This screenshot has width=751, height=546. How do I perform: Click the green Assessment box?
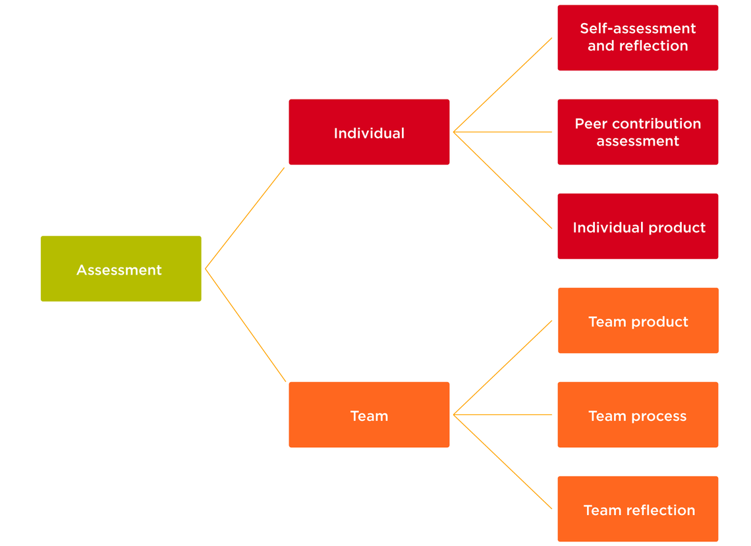pyautogui.click(x=121, y=269)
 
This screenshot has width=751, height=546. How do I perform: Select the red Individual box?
pyautogui.click(x=369, y=132)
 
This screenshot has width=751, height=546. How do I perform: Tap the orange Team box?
pyautogui.click(x=369, y=415)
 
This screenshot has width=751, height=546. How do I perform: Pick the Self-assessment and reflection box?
pyautogui.click(x=638, y=38)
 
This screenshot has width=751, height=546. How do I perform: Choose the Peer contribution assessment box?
pyautogui.click(x=638, y=132)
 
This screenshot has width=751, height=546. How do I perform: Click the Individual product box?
pyautogui.click(x=638, y=226)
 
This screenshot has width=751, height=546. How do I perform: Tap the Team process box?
pyautogui.click(x=638, y=415)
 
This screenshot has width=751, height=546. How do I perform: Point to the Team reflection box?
pyautogui.click(x=638, y=509)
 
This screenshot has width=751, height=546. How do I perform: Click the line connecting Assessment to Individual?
pyautogui.click(x=245, y=218)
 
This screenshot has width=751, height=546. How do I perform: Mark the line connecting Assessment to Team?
pyautogui.click(x=246, y=325)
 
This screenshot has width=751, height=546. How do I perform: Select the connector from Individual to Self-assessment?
pyautogui.click(x=503, y=85)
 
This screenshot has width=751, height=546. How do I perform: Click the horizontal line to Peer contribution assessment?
pyautogui.click(x=503, y=132)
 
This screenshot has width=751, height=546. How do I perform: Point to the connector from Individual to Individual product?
pyautogui.click(x=503, y=180)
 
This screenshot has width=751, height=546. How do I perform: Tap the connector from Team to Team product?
pyautogui.click(x=503, y=368)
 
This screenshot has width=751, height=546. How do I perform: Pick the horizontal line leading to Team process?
pyautogui.click(x=503, y=415)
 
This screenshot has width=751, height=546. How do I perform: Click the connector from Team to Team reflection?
pyautogui.click(x=503, y=462)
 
